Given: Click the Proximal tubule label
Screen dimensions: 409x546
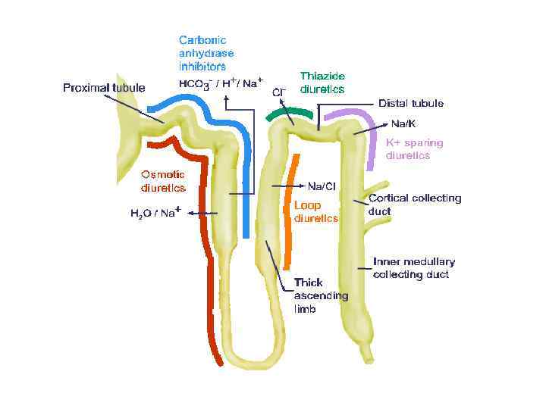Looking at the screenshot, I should tap(103, 88).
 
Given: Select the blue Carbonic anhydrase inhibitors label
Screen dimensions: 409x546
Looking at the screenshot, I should tap(206, 53).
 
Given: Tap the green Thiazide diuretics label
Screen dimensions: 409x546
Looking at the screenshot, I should tap(322, 83).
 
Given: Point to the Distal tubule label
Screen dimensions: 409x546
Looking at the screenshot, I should tap(411, 103).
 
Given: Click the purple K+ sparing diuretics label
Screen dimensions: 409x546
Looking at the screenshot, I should tap(414, 148).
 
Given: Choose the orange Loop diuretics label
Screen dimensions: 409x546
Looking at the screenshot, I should tap(315, 211).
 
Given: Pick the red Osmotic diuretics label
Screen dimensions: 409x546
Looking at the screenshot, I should tap(163, 181).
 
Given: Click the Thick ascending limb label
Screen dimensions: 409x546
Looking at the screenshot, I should tap(321, 296).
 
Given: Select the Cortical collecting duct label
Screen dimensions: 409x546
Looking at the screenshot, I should tap(414, 204).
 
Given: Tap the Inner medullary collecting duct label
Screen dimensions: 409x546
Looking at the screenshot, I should tap(413, 268).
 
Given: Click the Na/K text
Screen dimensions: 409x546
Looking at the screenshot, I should tap(403, 123).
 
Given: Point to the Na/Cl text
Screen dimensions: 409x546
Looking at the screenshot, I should tap(322, 186).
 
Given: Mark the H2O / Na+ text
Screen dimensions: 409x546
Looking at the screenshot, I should tap(154, 213).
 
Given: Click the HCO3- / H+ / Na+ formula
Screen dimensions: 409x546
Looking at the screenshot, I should tap(221, 83).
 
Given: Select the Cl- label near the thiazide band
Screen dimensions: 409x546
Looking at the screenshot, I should tap(278, 92).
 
